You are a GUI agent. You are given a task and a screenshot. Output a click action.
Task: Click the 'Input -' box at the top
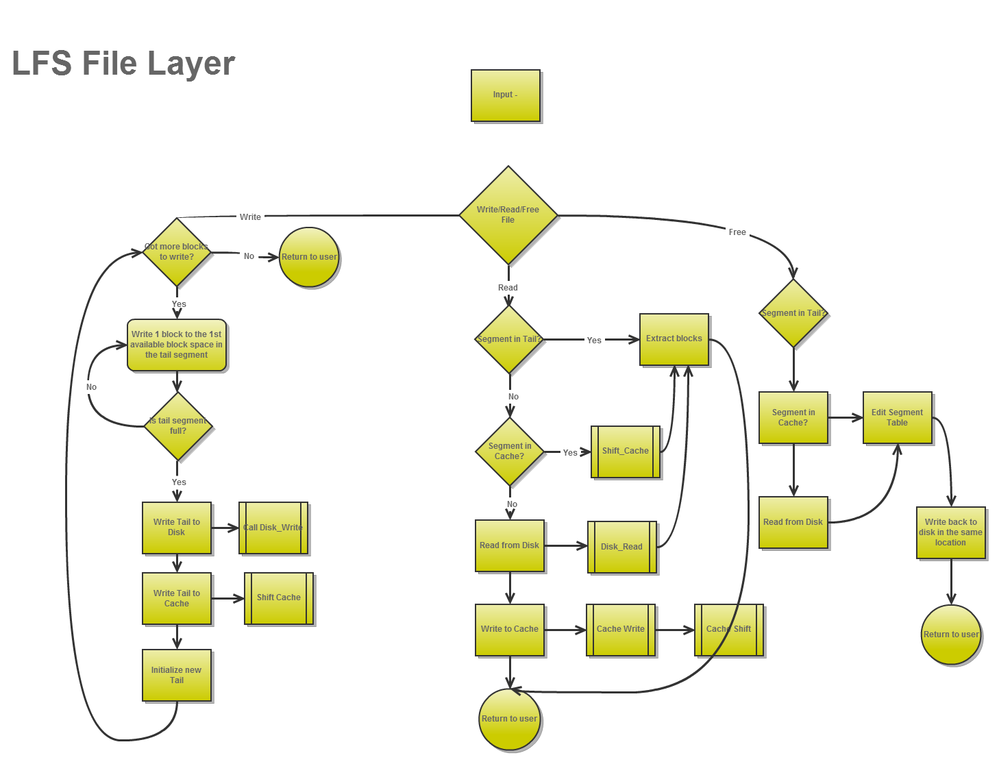tap(506, 95)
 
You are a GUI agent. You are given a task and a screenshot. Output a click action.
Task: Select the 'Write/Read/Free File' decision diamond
tap(508, 215)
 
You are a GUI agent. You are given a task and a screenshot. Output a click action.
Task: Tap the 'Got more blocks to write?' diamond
tap(177, 252)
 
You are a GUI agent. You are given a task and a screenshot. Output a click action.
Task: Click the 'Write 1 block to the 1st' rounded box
tap(177, 345)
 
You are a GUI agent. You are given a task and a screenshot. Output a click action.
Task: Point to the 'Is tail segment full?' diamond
tap(177, 426)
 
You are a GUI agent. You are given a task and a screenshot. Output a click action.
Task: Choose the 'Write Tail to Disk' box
tap(177, 528)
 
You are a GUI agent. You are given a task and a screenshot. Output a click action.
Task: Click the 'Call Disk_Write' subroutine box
tap(273, 528)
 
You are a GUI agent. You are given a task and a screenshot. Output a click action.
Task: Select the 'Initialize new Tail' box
tap(177, 675)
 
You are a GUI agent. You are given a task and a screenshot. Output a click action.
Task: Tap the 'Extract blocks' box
tap(674, 339)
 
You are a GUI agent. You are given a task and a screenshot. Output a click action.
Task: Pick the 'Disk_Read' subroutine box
tap(622, 547)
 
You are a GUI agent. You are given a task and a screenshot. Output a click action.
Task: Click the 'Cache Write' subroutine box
tap(621, 629)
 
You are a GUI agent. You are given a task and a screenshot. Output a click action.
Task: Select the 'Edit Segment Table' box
tap(897, 417)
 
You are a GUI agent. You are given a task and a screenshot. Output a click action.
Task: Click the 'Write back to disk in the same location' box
tap(950, 532)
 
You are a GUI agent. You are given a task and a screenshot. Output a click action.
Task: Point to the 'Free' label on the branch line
tap(737, 232)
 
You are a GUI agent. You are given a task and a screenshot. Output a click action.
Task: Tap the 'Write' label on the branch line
tap(250, 217)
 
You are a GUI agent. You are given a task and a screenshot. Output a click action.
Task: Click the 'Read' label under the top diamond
tap(508, 288)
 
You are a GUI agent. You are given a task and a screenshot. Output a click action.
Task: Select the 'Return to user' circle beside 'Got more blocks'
tap(310, 257)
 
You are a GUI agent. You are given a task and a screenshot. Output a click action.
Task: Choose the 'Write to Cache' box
tap(510, 629)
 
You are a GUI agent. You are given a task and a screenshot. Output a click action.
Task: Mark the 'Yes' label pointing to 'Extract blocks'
tap(594, 341)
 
